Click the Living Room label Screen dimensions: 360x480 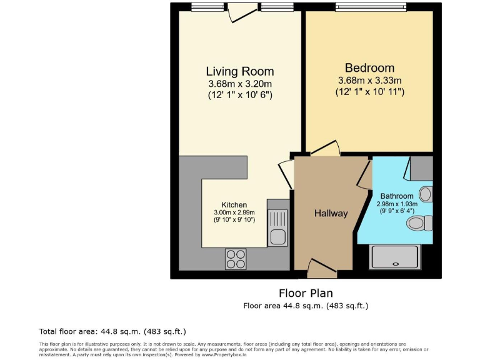[x=240, y=71]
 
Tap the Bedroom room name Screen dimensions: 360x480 [x=369, y=67]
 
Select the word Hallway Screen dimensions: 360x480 [x=331, y=214]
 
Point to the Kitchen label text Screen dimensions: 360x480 [x=234, y=205]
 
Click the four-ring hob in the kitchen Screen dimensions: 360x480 [x=236, y=259]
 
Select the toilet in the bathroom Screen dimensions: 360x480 [x=418, y=222]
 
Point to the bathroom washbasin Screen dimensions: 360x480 [x=425, y=194]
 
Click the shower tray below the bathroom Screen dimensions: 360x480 [x=394, y=257]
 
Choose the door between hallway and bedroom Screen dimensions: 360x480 [x=325, y=149]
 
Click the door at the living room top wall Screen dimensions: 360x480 [x=242, y=11]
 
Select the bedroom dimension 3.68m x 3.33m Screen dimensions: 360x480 [x=369, y=81]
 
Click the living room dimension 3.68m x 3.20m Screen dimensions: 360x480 [x=240, y=84]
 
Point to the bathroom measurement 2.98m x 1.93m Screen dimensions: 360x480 [x=397, y=204]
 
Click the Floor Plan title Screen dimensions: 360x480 [x=306, y=293]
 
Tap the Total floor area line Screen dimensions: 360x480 [x=112, y=331]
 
